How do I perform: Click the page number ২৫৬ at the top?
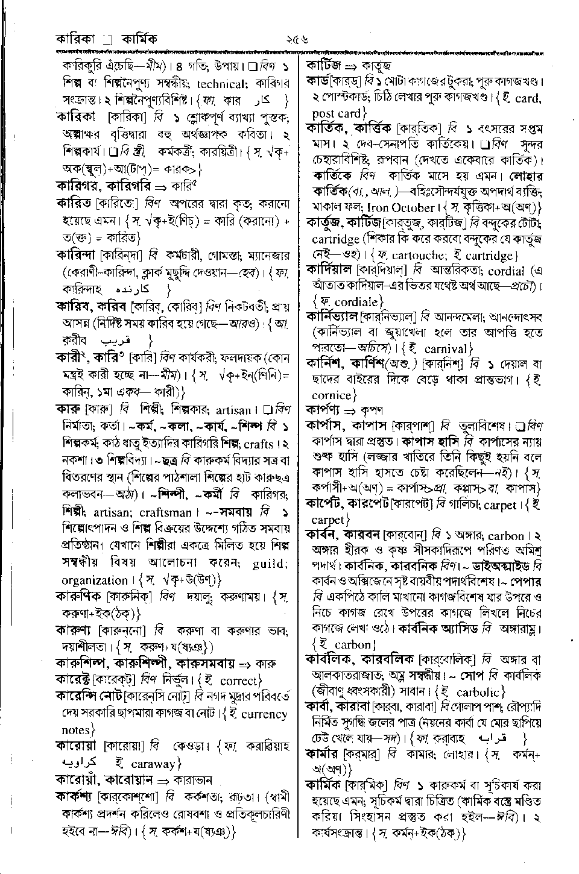click(297, 40)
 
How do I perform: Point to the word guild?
click(269, 564)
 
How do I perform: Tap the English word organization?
click(95, 580)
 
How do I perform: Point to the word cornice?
click(331, 395)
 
